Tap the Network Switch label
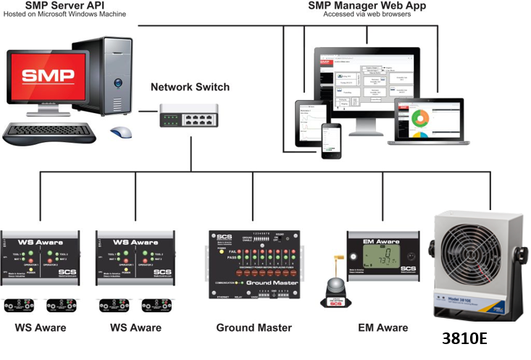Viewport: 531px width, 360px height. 190,87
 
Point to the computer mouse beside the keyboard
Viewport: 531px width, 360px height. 121,132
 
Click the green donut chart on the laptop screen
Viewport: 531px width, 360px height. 421,117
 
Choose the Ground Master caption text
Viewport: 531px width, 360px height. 254,327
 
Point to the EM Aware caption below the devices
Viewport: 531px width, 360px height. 383,327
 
